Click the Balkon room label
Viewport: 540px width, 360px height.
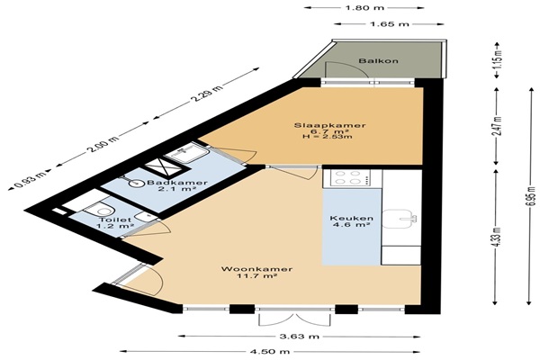click(x=379, y=61)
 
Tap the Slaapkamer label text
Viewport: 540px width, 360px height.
click(x=329, y=125)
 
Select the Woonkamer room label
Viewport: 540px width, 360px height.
click(x=256, y=269)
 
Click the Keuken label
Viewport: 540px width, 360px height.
click(x=351, y=219)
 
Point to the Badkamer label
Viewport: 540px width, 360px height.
click(x=177, y=183)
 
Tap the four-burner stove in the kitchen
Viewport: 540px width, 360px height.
click(x=351, y=178)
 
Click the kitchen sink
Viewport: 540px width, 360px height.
click(x=400, y=219)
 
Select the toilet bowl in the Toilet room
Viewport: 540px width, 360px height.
click(x=97, y=209)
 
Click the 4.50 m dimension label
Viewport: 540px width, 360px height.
click(x=270, y=352)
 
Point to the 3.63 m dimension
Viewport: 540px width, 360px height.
click(x=300, y=337)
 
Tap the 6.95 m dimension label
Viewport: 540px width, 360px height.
click(x=532, y=196)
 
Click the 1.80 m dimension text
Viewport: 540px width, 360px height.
click(x=364, y=7)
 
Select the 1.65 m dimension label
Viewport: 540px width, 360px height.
click(x=390, y=23)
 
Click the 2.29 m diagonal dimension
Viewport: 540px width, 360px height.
click(x=206, y=93)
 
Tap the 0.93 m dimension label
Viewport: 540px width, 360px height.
click(x=30, y=179)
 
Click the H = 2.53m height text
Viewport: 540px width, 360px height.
click(x=328, y=137)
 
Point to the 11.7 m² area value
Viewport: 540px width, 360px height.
click(x=257, y=275)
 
